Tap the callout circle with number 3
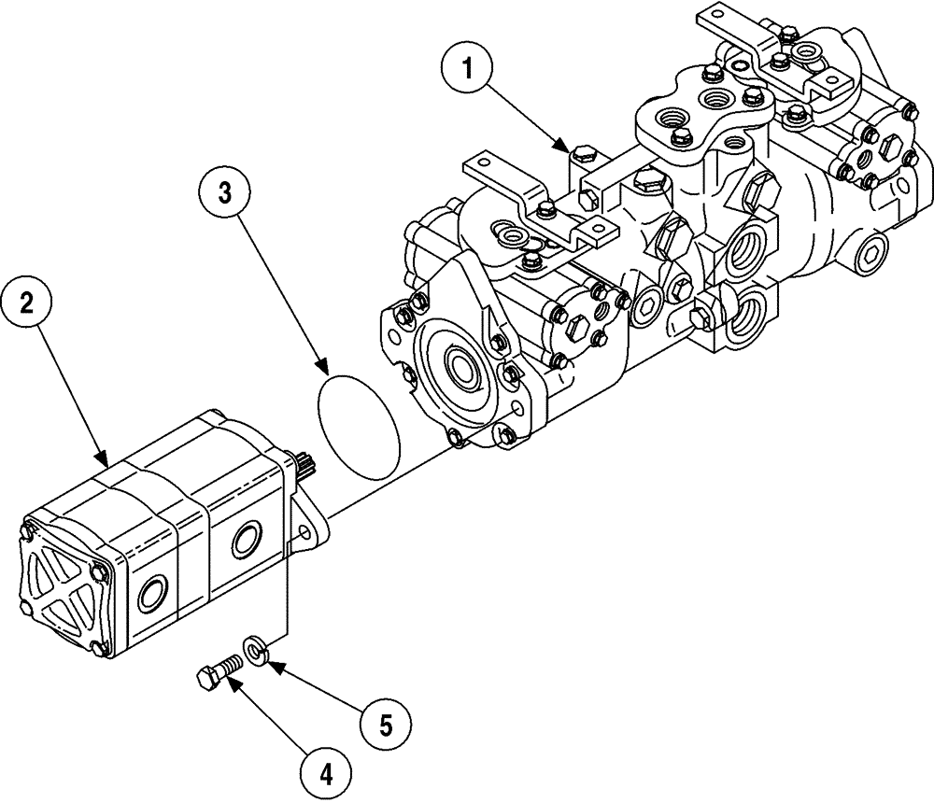pos(224,193)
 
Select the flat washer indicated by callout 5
pos(255,648)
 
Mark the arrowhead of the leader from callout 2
pos(108,464)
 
